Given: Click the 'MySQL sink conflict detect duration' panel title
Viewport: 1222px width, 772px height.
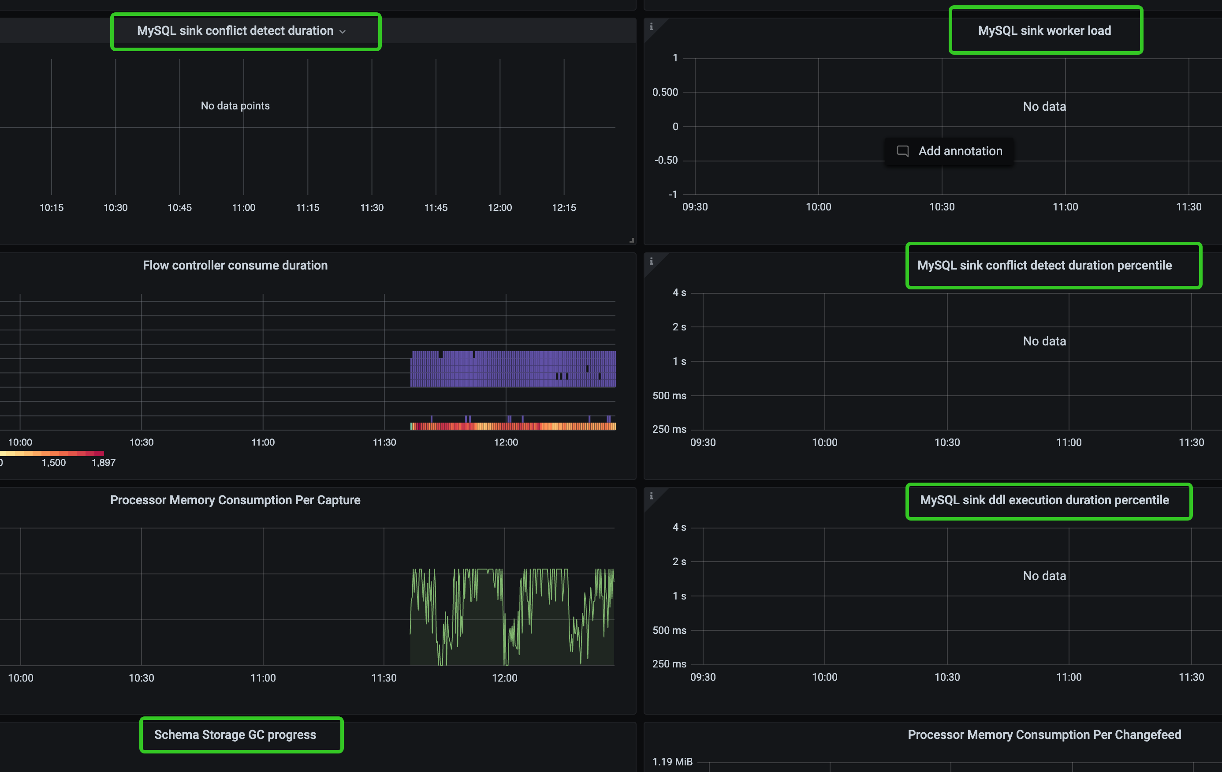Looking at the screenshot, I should (235, 31).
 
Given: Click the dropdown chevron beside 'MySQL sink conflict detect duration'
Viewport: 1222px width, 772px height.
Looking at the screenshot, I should (343, 31).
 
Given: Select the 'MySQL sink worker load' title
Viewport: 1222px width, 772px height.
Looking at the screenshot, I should (1044, 31).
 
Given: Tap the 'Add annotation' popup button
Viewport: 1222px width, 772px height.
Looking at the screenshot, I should (950, 151).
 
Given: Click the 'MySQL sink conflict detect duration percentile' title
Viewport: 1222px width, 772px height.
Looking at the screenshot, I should (1044, 266).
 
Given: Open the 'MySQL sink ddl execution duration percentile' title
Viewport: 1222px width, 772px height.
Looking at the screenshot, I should (1044, 500).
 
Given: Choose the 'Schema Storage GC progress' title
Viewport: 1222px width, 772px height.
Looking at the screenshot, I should (235, 735).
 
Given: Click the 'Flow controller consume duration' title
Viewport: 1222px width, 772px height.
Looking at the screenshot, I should (235, 266).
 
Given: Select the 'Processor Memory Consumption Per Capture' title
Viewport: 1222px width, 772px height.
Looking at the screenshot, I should (235, 500).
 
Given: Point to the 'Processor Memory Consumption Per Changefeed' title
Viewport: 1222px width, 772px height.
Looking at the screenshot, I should (1044, 735).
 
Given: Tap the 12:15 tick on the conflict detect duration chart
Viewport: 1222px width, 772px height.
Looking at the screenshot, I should (564, 208).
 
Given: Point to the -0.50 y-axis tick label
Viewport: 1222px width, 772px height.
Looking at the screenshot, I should (666, 161).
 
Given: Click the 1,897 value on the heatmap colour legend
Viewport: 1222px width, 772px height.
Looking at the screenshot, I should (104, 463).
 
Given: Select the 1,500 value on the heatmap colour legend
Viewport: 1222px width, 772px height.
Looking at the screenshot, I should (54, 463).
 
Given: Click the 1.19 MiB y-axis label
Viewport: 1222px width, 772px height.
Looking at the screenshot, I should (672, 762).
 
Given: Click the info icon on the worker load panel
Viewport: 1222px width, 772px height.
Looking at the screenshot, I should (651, 26).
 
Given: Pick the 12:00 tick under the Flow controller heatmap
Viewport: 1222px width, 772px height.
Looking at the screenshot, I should (506, 442).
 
